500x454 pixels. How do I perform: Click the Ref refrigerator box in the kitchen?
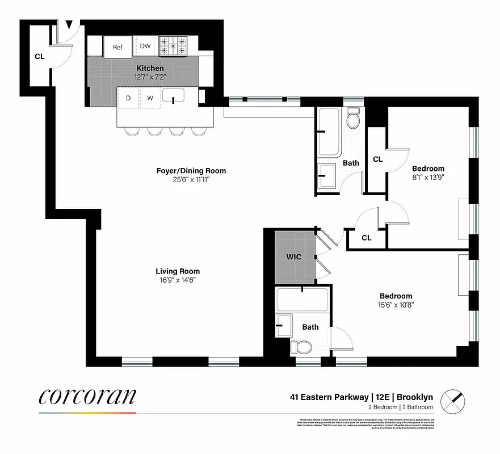click(x=117, y=47)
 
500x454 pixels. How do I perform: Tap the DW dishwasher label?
click(x=145, y=47)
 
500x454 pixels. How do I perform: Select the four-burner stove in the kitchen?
click(x=173, y=46)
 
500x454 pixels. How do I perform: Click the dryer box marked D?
click(x=128, y=98)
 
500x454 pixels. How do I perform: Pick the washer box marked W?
click(x=150, y=98)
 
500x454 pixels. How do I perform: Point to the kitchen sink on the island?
click(x=173, y=96)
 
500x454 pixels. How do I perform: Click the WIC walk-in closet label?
click(x=293, y=257)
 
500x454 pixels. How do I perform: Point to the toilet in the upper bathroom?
click(x=352, y=119)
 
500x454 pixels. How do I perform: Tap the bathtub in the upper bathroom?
click(x=329, y=132)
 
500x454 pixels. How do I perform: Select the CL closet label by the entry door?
click(x=39, y=56)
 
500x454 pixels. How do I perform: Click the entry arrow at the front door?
click(x=69, y=25)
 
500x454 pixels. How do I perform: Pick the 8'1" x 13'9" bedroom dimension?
click(x=428, y=178)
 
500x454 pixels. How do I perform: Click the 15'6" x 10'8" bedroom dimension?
click(x=396, y=305)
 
